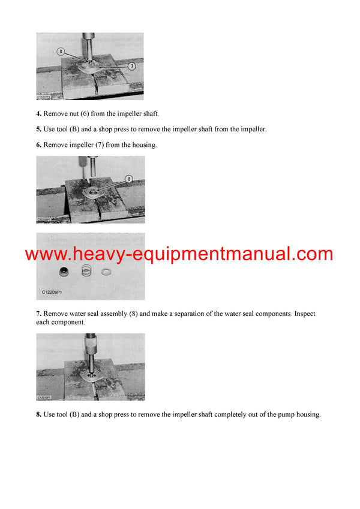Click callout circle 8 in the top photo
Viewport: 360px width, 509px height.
(x=61, y=52)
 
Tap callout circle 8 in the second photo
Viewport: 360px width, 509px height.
(x=128, y=179)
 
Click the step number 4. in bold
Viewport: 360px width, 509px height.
(x=39, y=114)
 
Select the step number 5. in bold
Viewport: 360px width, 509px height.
(x=39, y=129)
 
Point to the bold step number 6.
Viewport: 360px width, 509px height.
(x=39, y=144)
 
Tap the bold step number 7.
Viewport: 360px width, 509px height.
(x=39, y=314)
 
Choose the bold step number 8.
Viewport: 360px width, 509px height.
(x=39, y=414)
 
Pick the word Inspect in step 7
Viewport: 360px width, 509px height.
(x=304, y=314)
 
